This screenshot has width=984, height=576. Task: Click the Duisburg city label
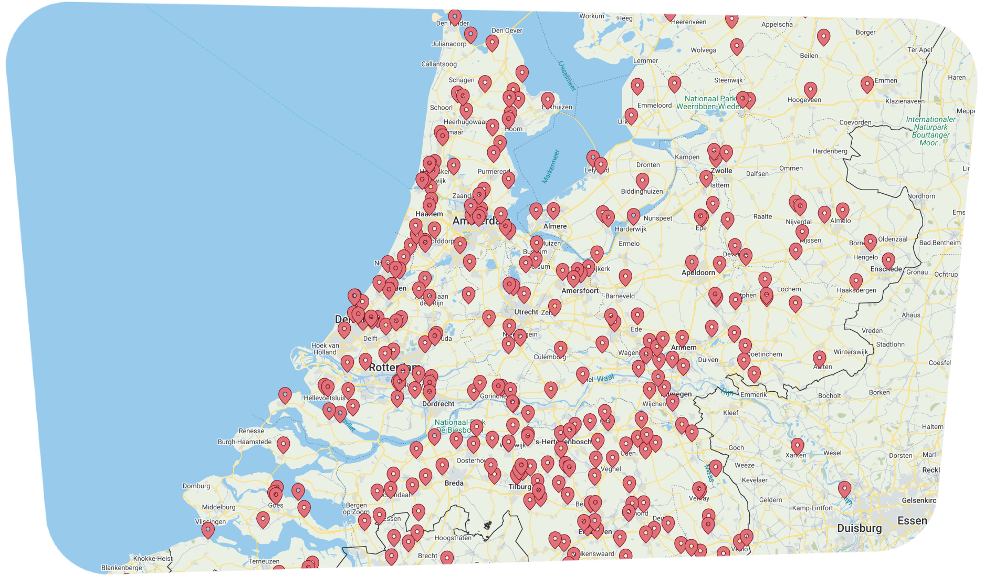[x=859, y=528]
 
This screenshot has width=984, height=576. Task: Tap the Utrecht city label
[x=526, y=312]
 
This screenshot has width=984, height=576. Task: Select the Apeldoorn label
[x=698, y=273]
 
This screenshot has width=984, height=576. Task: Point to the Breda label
[x=454, y=483]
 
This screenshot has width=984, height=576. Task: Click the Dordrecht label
[x=438, y=404]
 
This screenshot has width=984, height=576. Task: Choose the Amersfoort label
[x=580, y=290]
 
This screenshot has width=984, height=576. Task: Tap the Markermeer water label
[x=551, y=166]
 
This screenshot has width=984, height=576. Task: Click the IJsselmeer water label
[x=567, y=75]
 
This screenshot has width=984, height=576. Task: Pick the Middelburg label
[x=218, y=507]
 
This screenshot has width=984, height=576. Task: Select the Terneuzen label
[x=264, y=561]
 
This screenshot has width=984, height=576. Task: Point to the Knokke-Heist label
[x=153, y=558]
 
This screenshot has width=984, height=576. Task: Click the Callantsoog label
[x=438, y=64]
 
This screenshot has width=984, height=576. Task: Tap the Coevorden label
[x=855, y=122]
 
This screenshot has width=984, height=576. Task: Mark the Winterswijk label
[x=851, y=352]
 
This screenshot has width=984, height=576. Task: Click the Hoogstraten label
[x=453, y=538]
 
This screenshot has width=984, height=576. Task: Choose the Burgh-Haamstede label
[x=245, y=442]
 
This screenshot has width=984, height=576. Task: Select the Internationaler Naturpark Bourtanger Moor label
[x=930, y=131]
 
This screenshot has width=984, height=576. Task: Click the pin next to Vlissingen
[x=208, y=529]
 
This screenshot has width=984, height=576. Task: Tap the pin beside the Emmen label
[x=867, y=83]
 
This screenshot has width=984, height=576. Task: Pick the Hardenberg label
[x=830, y=151]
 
